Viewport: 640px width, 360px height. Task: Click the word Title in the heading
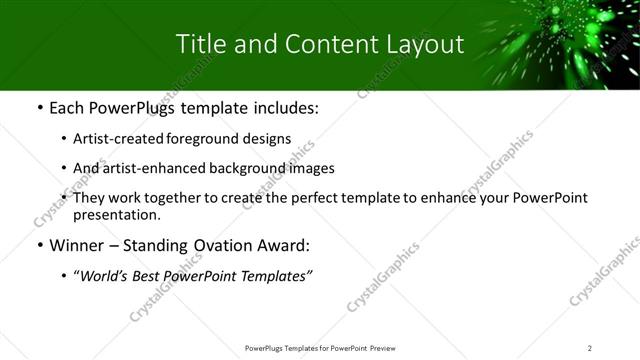[199, 45]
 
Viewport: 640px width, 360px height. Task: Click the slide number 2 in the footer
[590, 348]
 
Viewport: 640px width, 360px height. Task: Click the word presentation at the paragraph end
[116, 215]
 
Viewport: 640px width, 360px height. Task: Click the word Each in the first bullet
[67, 108]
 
